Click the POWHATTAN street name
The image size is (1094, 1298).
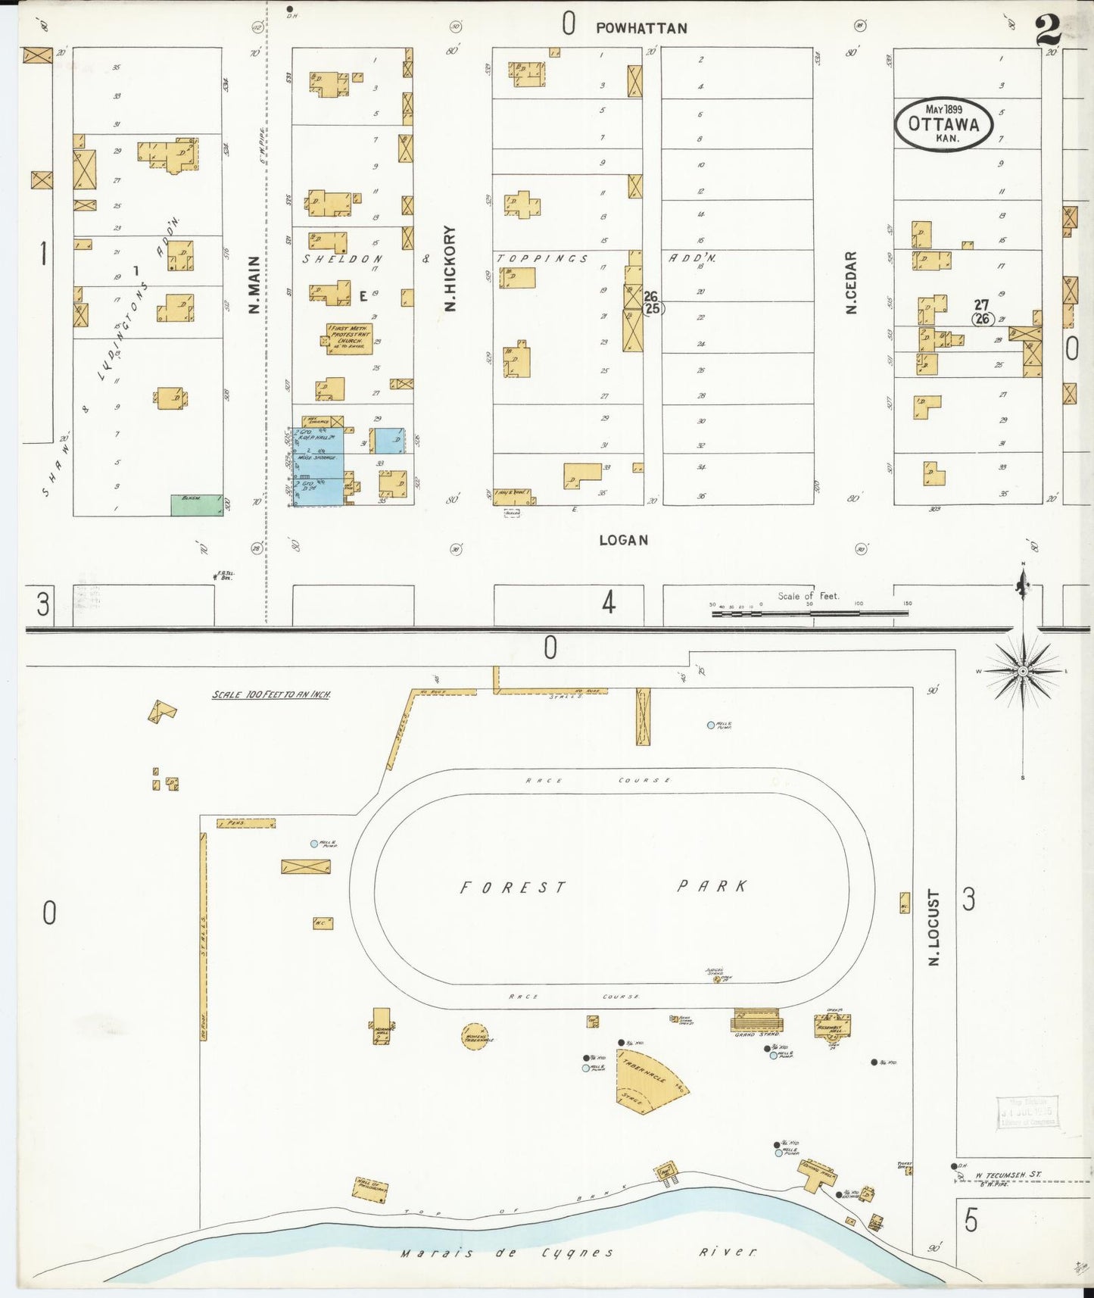pos(641,28)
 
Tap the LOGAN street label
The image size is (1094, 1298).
pos(623,540)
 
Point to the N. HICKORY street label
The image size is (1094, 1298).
pos(450,268)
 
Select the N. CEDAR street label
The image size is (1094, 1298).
pos(851,282)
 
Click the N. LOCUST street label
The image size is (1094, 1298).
pos(933,927)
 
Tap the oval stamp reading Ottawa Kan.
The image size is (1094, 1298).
pos(943,124)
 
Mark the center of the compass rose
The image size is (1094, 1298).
pos(1023,672)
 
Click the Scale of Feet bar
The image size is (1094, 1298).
pos(809,613)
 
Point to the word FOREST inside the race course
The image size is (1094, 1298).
pos(513,888)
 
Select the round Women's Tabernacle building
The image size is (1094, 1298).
pos(475,1037)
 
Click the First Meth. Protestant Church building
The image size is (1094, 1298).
pos(349,339)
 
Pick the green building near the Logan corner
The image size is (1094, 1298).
pos(197,505)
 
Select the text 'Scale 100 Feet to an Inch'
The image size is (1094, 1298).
pos(270,694)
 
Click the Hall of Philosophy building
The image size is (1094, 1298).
pos(371,1190)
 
